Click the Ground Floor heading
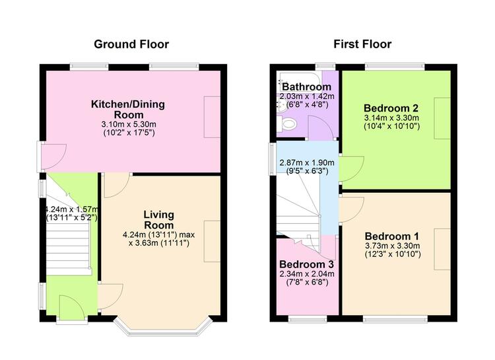point(131,44)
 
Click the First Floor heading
point(362,44)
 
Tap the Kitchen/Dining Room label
point(128,110)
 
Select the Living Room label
point(159,220)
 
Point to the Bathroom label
point(306,87)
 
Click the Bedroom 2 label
point(391,108)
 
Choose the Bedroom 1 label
point(392,236)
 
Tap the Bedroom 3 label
point(306,264)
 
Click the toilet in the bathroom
point(287,124)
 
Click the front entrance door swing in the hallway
point(72,306)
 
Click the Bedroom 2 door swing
point(352,168)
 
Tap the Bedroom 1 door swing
point(352,210)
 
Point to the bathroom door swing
point(320,127)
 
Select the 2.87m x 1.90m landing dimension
point(307,162)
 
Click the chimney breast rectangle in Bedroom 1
point(442,249)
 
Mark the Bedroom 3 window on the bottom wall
point(308,320)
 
